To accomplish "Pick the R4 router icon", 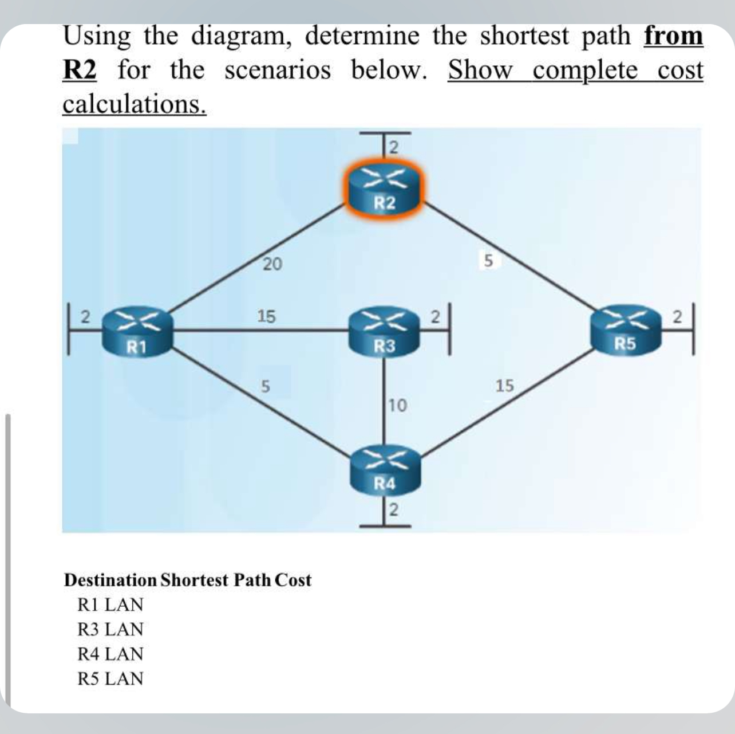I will point(384,469).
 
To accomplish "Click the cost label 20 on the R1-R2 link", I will point(272,264).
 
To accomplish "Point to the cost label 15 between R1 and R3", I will point(266,316).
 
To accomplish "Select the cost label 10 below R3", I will point(397,406).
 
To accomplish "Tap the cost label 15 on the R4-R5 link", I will point(504,386).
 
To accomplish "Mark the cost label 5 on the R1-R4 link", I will point(264,386).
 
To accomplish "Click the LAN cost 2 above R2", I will point(393,147).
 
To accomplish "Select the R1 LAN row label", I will point(110,605).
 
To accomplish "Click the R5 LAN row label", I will point(110,678).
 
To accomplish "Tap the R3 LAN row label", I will point(110,629).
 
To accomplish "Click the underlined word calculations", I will point(134,104).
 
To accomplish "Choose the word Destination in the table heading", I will point(110,580).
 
